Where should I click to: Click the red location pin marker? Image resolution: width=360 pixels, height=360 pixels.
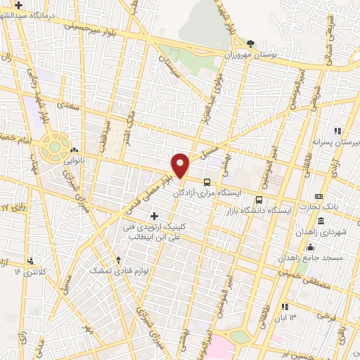181,165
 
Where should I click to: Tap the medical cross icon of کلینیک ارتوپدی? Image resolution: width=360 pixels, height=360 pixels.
154,214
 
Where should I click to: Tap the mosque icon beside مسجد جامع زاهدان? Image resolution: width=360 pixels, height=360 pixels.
310,247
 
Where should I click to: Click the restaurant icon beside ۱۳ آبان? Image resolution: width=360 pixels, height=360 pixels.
285,307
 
